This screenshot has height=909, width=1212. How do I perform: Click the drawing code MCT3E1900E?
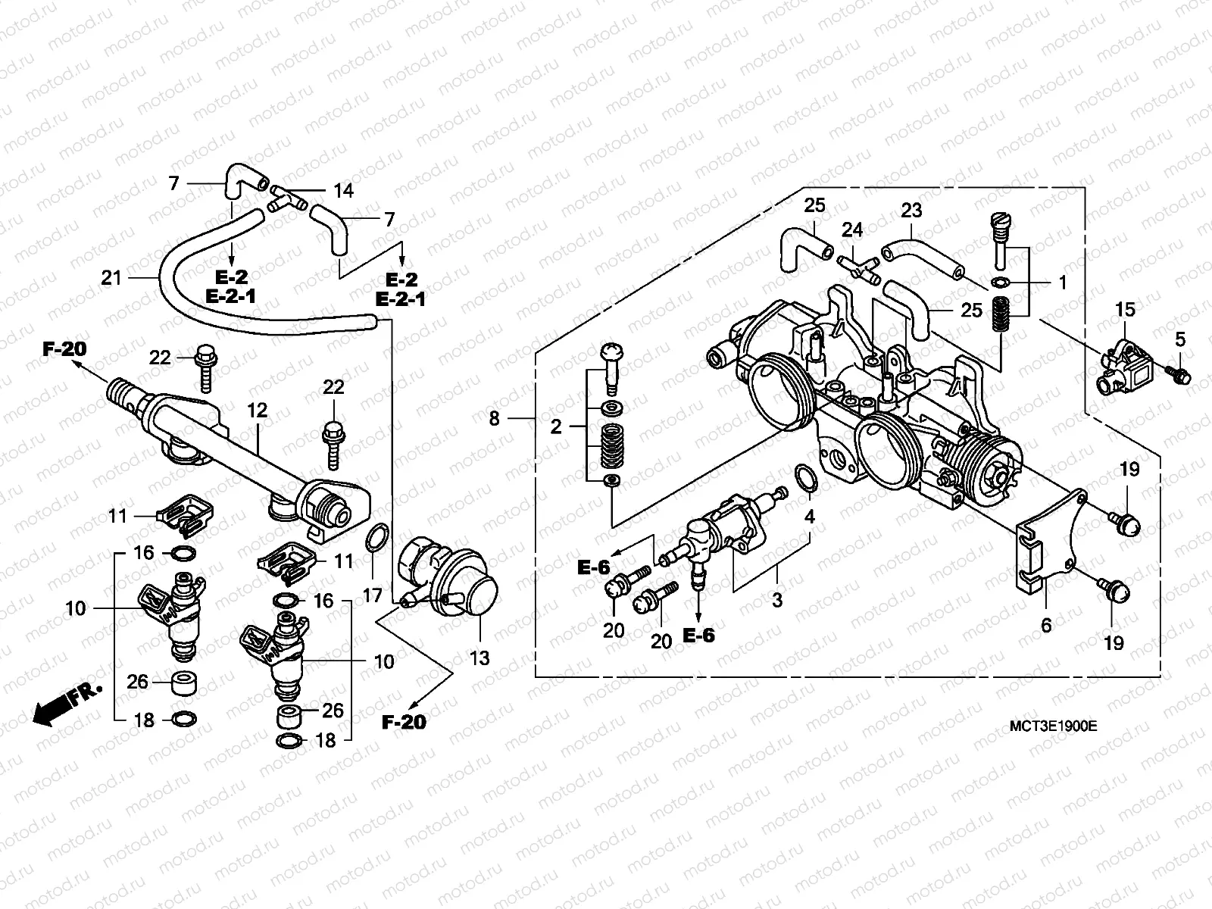point(1054,726)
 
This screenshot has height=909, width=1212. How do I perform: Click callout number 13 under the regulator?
point(481,658)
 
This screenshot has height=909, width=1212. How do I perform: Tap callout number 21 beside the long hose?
point(111,278)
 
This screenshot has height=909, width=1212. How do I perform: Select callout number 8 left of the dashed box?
point(495,417)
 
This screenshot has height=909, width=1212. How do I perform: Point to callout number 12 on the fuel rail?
point(258,411)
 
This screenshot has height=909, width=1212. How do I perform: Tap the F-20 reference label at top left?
point(64,349)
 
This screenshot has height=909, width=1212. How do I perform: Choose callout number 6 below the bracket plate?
point(1047,626)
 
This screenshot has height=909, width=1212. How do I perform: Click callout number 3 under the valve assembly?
point(777,601)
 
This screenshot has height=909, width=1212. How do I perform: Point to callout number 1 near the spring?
point(1062,283)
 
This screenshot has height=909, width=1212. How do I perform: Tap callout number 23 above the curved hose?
point(911,210)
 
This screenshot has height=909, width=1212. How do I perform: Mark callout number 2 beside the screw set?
point(557,426)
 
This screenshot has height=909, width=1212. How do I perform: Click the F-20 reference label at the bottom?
point(404,722)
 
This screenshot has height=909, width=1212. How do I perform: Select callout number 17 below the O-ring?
point(372,595)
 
